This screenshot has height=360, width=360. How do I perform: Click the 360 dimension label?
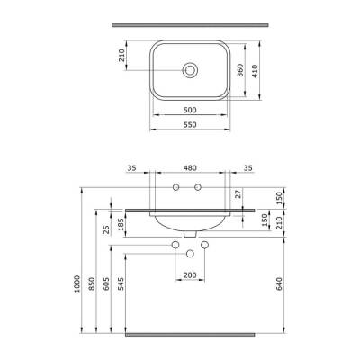[x=239, y=72]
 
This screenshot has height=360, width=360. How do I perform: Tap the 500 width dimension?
[x=189, y=109]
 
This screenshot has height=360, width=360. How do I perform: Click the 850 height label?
[x=94, y=285]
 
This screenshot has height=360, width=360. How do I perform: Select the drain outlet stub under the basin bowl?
[x=189, y=233]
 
